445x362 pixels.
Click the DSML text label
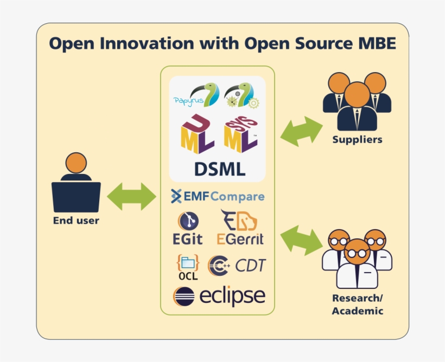(219, 169)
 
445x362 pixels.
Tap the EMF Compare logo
(218, 196)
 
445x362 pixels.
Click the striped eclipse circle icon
(183, 297)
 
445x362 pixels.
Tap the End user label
(76, 221)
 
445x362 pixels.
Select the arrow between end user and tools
(131, 196)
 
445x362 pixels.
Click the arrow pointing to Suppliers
(301, 131)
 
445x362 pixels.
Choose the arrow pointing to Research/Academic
(301, 240)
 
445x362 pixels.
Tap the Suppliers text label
(357, 140)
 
